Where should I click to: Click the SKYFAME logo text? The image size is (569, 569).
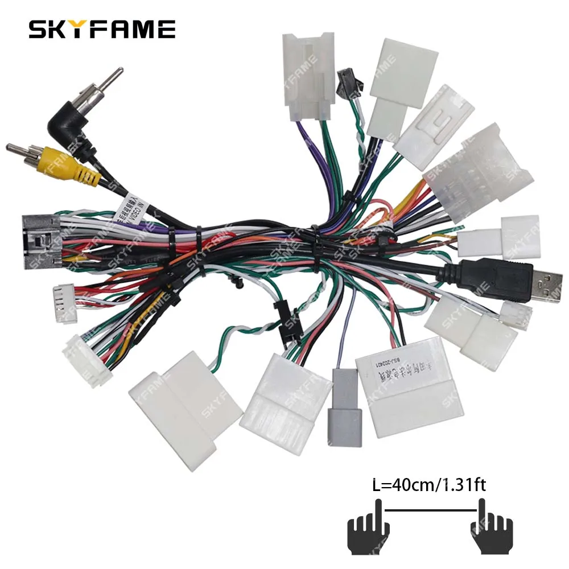pyautogui.click(x=102, y=30)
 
